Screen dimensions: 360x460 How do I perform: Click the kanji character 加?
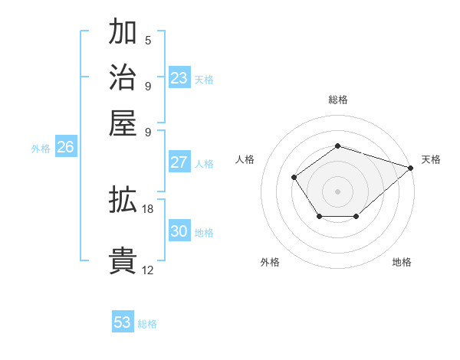pos(123,33)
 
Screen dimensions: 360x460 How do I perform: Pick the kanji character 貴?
pos(123,261)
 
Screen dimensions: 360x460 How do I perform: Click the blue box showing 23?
pos(179,78)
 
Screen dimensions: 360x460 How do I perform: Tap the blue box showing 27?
pos(179,162)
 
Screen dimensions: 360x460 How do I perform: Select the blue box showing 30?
pos(179,231)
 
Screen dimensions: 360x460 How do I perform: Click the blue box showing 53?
pos(123,322)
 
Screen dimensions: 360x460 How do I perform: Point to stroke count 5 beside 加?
pos(148,41)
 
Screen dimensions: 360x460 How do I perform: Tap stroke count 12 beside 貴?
pos(148,270)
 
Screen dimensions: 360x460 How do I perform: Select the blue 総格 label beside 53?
pos(147,324)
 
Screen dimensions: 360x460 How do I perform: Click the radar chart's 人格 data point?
pos(294,178)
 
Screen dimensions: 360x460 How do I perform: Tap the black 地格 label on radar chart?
pos(402,263)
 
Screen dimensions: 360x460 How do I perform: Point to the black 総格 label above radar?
pos(337,100)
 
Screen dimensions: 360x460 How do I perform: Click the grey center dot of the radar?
pos(337,191)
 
